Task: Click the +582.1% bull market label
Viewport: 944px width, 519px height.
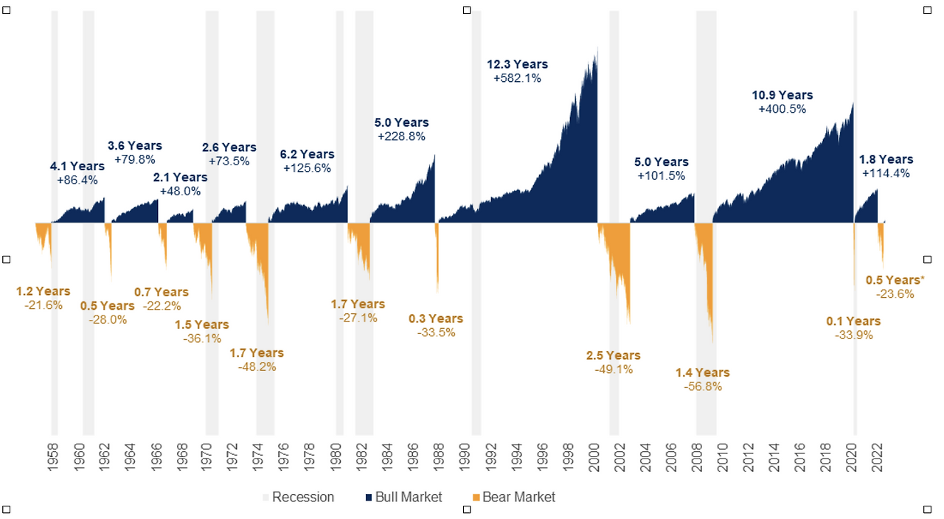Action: [517, 78]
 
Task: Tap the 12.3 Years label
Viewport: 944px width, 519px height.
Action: [517, 65]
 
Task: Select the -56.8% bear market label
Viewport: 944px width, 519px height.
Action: [702, 386]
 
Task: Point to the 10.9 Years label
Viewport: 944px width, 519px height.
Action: [782, 95]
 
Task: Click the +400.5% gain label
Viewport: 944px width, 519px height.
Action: [782, 108]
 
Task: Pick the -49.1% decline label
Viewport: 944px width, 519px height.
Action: [614, 369]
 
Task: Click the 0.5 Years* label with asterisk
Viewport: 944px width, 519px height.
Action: [895, 280]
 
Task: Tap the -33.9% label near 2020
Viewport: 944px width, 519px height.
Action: [853, 335]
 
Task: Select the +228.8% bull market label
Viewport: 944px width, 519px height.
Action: [401, 136]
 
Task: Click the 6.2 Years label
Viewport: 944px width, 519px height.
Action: [307, 155]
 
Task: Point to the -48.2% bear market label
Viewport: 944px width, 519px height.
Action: [257, 366]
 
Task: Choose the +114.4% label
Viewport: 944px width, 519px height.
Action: [886, 173]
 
